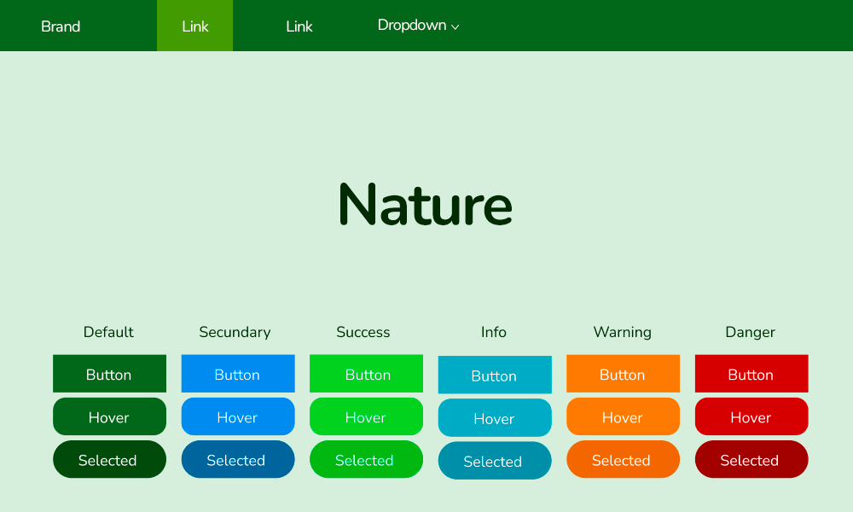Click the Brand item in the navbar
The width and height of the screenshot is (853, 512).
pyautogui.click(x=61, y=26)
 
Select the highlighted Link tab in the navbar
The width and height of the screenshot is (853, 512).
pyautogui.click(x=194, y=26)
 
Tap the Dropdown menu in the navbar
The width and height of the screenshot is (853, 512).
pyautogui.click(x=418, y=26)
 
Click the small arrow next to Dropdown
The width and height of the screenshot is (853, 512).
pyautogui.click(x=456, y=27)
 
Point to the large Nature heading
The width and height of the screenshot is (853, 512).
pyautogui.click(x=426, y=204)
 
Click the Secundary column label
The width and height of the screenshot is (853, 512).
pyautogui.click(x=235, y=332)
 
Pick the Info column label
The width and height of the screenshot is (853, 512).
pyautogui.click(x=493, y=332)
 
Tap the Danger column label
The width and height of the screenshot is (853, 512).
pyautogui.click(x=750, y=332)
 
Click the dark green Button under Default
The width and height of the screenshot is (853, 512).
pyautogui.click(x=109, y=374)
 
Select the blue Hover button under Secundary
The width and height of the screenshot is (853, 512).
pyautogui.click(x=238, y=416)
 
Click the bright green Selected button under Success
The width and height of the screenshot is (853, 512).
pyautogui.click(x=366, y=460)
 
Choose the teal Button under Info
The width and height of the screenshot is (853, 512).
pyautogui.click(x=495, y=375)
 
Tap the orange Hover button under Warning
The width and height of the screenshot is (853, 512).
pyautogui.click(x=623, y=416)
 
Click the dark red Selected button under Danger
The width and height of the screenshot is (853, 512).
pyautogui.click(x=751, y=460)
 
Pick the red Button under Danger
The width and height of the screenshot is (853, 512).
pyautogui.click(x=751, y=374)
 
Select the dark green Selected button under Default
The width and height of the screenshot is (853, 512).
pyautogui.click(x=109, y=460)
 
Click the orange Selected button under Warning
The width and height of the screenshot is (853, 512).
pyautogui.click(x=623, y=460)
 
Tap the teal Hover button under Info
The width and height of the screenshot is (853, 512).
pyautogui.click(x=495, y=418)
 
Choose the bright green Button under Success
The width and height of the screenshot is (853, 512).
pyautogui.click(x=366, y=374)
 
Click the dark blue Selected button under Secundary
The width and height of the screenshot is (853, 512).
pyautogui.click(x=238, y=460)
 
